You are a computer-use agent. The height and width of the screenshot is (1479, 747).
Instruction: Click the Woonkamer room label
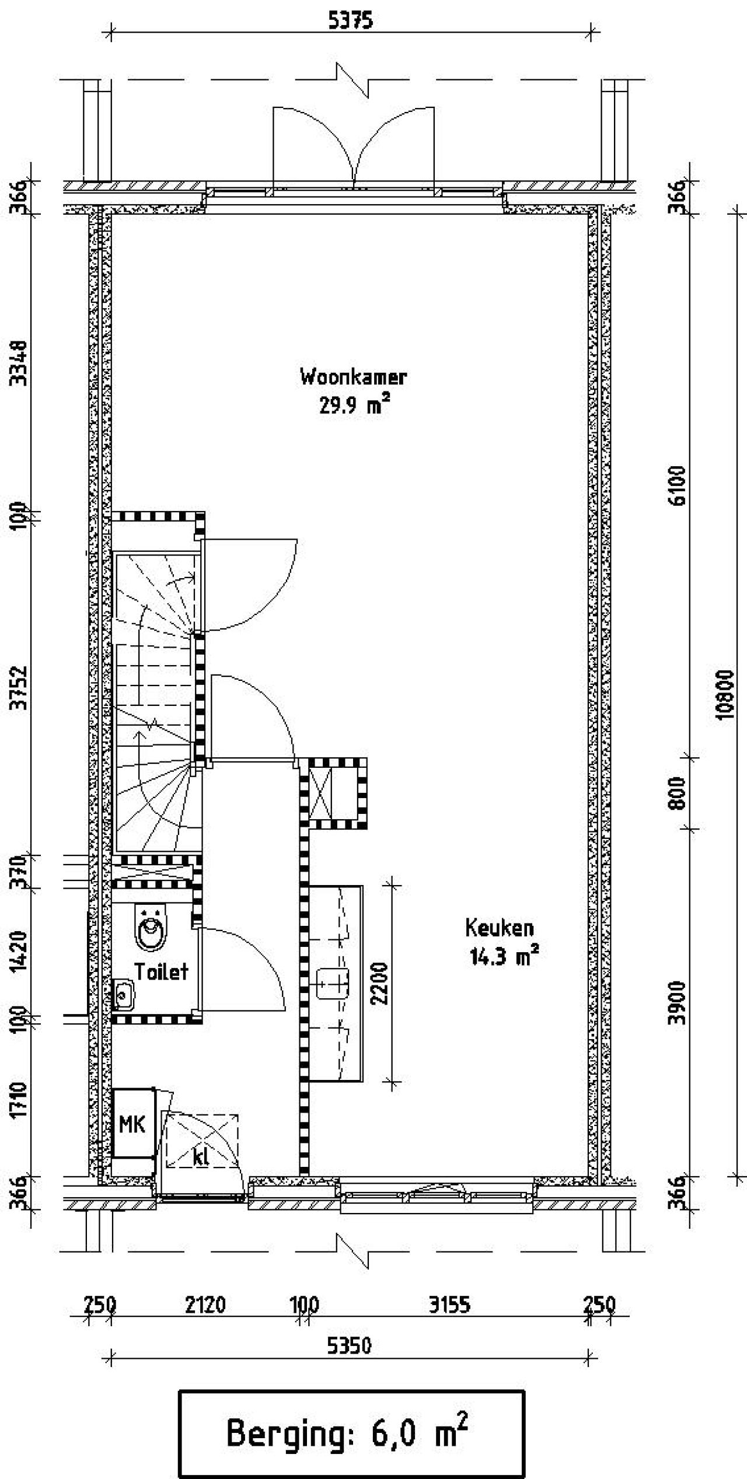(353, 376)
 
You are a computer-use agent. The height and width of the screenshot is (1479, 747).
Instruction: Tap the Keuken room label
(500, 927)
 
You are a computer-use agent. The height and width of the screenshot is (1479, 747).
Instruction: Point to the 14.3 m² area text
(504, 956)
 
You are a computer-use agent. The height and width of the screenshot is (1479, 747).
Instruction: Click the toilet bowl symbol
(150, 926)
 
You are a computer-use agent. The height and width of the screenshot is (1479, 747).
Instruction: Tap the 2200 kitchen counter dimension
(380, 982)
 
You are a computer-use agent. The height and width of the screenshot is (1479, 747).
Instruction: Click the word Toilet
(162, 971)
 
